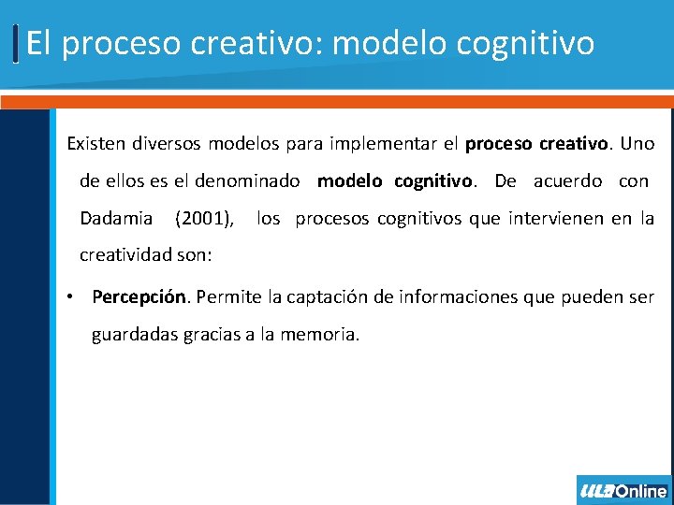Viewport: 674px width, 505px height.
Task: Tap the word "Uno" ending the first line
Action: (637, 144)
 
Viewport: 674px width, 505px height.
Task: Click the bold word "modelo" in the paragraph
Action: (350, 181)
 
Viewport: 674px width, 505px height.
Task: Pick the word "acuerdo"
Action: (567, 181)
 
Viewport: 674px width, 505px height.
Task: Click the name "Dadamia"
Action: (116, 219)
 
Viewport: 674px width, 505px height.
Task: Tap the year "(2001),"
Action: (205, 219)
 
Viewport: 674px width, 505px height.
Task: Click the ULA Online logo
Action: (623, 490)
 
